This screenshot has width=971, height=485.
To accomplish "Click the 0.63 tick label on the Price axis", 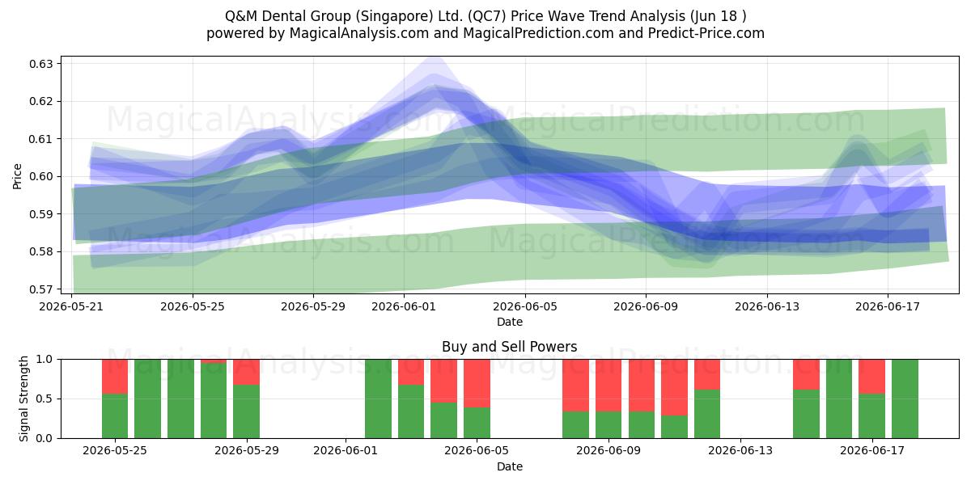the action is [40, 64].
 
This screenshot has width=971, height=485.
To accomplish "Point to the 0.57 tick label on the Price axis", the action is [40, 289].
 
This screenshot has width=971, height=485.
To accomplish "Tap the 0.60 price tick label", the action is [40, 177].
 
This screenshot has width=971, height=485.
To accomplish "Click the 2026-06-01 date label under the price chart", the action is [404, 306].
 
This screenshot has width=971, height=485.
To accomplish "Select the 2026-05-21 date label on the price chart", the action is [71, 306].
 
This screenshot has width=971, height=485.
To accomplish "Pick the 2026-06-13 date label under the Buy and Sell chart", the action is [740, 451].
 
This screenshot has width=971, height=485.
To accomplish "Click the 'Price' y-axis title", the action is [17, 176].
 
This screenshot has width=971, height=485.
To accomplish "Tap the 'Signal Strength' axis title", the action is [23, 399].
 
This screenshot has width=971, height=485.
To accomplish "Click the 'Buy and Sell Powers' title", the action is [509, 347].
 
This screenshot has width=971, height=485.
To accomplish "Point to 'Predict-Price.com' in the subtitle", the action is [706, 33].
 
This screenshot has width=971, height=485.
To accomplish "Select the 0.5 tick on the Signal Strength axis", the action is [45, 399].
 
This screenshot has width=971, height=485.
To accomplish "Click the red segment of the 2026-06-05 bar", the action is [477, 383].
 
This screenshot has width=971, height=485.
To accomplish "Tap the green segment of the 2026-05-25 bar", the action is [115, 416].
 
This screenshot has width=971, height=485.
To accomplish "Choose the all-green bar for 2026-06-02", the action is [378, 399].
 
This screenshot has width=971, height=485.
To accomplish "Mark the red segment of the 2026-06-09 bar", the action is [608, 386].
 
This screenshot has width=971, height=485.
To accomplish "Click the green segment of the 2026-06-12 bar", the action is [707, 414].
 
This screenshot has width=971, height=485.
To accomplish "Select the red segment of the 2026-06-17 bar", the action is [871, 377].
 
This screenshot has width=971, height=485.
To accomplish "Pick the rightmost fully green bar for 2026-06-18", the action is [905, 399].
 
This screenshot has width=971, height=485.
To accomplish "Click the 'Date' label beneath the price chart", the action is [509, 323].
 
